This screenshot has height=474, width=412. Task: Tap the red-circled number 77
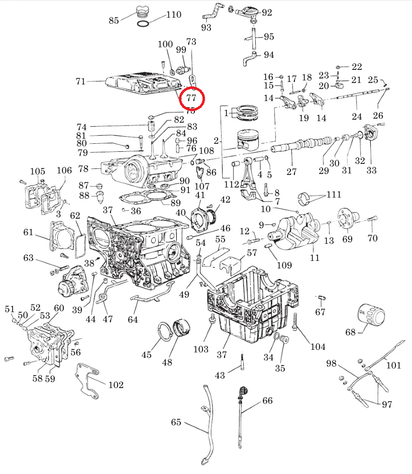tap(191, 98)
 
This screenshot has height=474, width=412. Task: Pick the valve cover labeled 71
tap(143, 83)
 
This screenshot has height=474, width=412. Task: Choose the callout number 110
tap(174, 15)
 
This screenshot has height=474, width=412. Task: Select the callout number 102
tap(116, 385)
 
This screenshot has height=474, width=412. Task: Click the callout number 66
tap(267, 401)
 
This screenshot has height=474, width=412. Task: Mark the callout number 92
tap(266, 13)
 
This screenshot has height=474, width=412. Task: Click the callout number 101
tap(394, 365)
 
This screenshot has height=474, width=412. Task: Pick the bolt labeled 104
tap(295, 322)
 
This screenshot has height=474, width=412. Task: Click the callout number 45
tap(146, 355)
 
